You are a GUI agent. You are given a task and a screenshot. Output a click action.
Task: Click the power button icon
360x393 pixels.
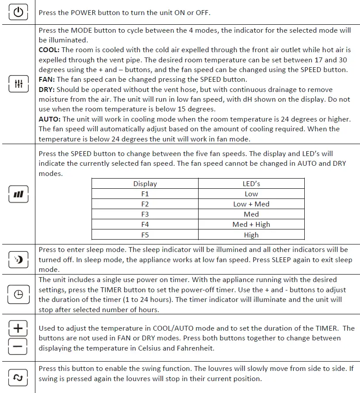coord(18,12)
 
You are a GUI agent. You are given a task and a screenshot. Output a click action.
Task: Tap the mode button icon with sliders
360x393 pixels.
coord(18,84)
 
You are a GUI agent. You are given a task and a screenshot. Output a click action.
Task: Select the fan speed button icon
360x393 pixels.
coord(18,194)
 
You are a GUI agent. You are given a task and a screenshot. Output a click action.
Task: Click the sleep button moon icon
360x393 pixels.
coord(18,259)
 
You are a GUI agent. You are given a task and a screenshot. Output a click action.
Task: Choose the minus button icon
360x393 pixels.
coord(18,347)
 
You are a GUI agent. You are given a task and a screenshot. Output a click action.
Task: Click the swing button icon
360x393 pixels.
coord(18,377)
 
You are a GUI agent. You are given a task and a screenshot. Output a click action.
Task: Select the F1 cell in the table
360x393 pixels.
coord(145,194)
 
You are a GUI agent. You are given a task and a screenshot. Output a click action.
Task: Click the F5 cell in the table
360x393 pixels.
coord(145,235)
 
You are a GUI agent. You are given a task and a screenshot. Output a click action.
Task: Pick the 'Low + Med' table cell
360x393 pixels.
coord(251,204)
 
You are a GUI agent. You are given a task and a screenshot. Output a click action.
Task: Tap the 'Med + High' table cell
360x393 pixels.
coord(251,224)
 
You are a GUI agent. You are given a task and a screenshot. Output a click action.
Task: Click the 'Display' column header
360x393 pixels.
coord(145,183)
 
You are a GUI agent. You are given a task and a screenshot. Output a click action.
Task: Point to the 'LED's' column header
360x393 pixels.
coord(251,183)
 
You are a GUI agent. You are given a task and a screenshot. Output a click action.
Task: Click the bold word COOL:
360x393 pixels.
coord(50,50)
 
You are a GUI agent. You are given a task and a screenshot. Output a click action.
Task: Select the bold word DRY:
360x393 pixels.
coord(47,89)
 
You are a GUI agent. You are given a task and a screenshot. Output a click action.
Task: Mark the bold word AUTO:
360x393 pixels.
coord(50,119)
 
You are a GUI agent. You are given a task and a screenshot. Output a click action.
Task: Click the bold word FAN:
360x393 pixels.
coord(47,80)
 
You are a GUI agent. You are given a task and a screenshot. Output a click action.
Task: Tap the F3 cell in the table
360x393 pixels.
coord(145,214)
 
